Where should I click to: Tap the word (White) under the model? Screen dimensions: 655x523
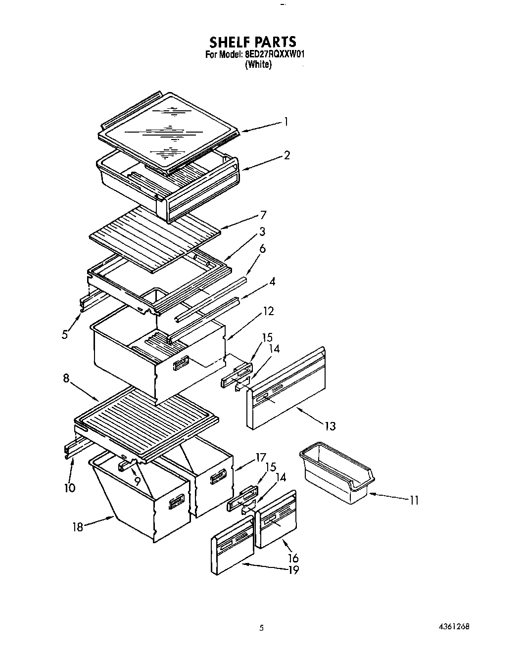point(258,65)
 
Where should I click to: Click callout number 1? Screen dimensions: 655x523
point(285,121)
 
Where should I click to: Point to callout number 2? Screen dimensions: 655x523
point(286,155)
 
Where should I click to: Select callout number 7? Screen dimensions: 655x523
point(263,215)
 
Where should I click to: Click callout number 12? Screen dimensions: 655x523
point(268,311)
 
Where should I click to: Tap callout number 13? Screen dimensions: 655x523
point(330,425)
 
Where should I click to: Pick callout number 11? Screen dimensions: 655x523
point(414,500)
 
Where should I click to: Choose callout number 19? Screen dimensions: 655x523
point(293,570)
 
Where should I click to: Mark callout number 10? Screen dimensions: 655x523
point(70,488)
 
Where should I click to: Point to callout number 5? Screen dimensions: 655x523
point(65,334)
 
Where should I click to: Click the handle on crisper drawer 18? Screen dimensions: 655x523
point(177,504)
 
